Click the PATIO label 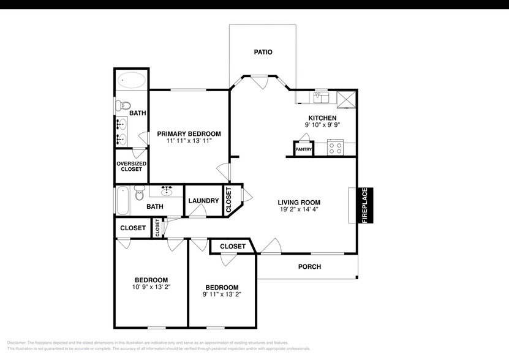coord(263,53)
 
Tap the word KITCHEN coord(322,118)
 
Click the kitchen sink coord(321,97)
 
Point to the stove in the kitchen coord(335,148)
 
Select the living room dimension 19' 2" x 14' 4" coord(298,209)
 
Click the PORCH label coord(309,267)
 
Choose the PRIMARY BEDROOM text coord(189,133)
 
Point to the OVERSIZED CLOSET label coord(130,167)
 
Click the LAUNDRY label coord(203,201)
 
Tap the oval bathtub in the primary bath coord(131,80)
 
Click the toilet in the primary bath coord(122,106)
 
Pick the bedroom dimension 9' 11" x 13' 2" coord(222,294)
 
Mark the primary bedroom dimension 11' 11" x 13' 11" coord(189,141)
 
